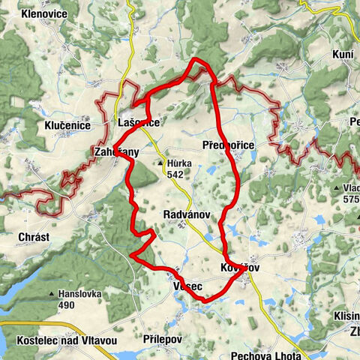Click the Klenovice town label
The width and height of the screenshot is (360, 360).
pyautogui.click(x=46, y=13)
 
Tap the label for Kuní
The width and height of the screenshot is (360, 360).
pyautogui.click(x=342, y=54)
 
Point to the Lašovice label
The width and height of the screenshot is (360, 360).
pyautogui.click(x=139, y=121)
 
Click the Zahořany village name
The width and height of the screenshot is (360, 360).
pyautogui.click(x=115, y=151)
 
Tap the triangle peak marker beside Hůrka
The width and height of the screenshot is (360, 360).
pyautogui.click(x=160, y=163)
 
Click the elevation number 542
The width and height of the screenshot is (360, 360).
pyautogui.click(x=176, y=174)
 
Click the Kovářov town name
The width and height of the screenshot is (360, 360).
pyautogui.click(x=240, y=267)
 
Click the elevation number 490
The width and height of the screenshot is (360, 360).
pyautogui.click(x=67, y=305)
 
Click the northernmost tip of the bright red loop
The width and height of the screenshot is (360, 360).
pyautogui.click(x=196, y=58)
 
